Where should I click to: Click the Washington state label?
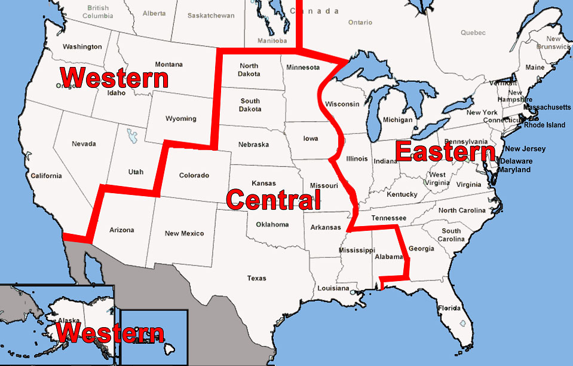coord(82,47)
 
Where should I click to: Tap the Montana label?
coord(168,65)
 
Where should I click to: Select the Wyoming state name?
coord(180,118)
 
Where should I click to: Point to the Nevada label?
coord(84,144)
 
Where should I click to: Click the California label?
coord(46,176)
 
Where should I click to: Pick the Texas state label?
coord(256,278)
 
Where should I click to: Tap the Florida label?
coord(449,309)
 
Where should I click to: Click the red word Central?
coord(274,200)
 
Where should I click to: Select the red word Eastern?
coord(445,152)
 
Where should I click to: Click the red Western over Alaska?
coord(110,333)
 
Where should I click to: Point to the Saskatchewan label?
coord(210,16)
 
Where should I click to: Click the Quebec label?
coord(456,33)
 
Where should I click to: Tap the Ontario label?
coord(360,23)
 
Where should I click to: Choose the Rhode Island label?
coord(544,125)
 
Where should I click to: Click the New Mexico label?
coord(184,234)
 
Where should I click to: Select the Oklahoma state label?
coord(272,225)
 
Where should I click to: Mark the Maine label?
coord(535,68)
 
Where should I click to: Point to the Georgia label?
coord(421,249)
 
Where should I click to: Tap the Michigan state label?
coord(397,120)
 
